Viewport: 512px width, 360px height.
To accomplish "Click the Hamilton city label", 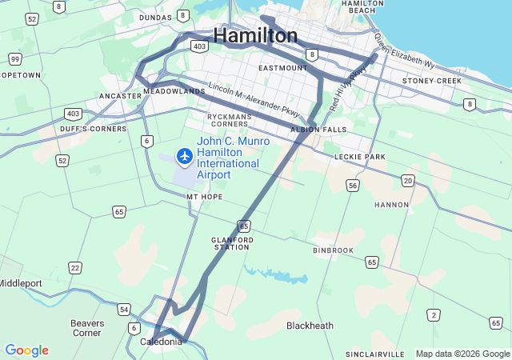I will (256, 35).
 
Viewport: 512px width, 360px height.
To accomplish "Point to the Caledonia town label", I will (161, 342).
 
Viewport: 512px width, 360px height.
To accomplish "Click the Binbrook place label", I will (333, 250).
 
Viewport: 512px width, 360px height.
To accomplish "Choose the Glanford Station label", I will (232, 243).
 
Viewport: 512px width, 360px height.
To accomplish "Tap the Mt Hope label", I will (204, 196).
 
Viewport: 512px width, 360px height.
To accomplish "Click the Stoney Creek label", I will (432, 81).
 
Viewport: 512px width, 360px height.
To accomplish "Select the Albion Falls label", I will (308, 129).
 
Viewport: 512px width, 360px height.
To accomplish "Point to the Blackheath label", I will (310, 326).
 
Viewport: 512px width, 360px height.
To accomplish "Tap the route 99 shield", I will (15, 59).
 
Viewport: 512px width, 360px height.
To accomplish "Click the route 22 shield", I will (75, 268).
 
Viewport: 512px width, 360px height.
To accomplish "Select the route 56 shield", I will (353, 186).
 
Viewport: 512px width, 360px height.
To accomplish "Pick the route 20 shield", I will (409, 182).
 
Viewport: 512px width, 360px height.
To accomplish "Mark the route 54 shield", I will (123, 309).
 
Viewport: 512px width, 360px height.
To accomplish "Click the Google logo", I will (26, 350).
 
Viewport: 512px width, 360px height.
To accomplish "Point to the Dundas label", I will (155, 17).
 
